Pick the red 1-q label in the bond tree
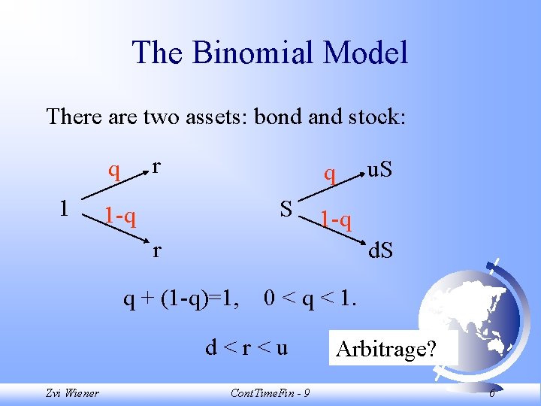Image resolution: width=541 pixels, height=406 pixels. coord(120,217)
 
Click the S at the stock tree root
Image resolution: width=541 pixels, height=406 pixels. coord(286,208)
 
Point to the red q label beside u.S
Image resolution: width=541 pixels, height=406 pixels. coord(329,174)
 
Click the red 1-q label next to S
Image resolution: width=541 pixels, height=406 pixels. coord(335,220)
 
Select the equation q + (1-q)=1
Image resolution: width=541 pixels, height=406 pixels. coord(182,299)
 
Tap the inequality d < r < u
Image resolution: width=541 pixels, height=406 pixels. coord(246,348)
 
